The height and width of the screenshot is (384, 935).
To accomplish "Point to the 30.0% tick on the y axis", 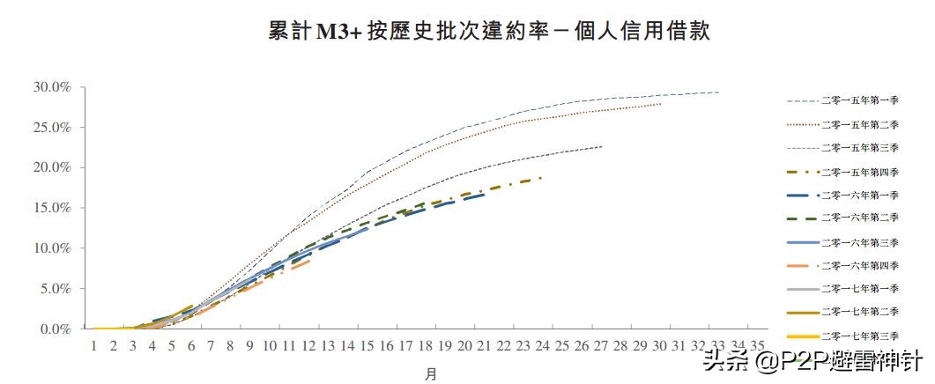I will (52, 87).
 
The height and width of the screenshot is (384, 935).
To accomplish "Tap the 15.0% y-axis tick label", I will (52, 208).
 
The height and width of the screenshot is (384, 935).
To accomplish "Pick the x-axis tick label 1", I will (93, 345).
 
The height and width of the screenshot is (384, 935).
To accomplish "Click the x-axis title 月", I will (430, 373).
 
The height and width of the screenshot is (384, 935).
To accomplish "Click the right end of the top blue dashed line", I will (719, 92).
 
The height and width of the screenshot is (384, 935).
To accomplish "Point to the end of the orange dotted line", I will (661, 104).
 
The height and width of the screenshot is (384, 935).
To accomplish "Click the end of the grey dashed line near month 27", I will (602, 146).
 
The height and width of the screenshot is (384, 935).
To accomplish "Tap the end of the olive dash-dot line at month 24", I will (542, 178).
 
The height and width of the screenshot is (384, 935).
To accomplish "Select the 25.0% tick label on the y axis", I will (52, 128).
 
